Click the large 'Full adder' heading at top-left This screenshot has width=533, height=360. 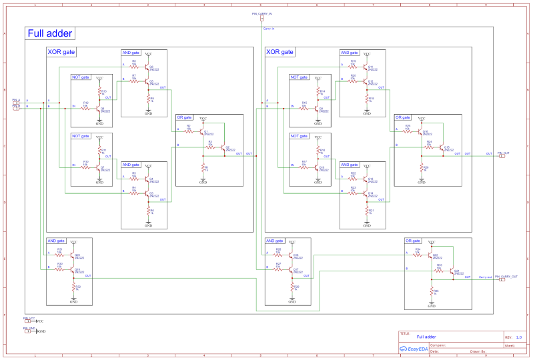(x=51, y=34)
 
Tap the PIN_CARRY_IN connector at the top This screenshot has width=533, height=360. (x=261, y=18)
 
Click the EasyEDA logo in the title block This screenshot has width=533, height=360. (x=413, y=348)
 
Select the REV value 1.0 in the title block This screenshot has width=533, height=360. (x=519, y=337)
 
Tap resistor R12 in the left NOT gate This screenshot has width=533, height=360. (x=85, y=107)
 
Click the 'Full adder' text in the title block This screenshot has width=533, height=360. (x=426, y=337)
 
